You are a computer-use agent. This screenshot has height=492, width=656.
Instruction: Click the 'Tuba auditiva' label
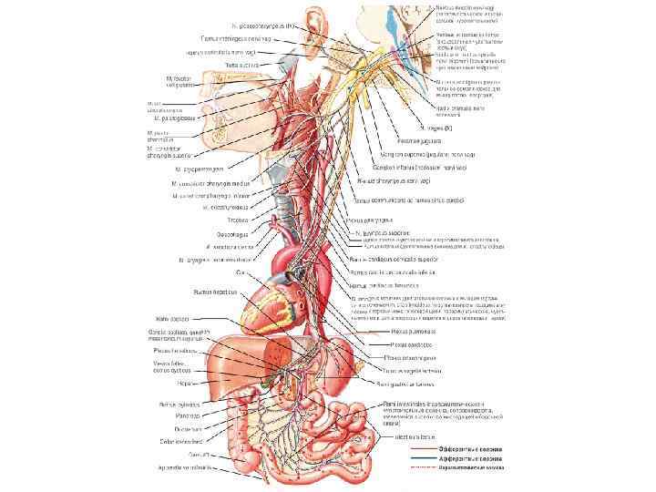tap(243, 66)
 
